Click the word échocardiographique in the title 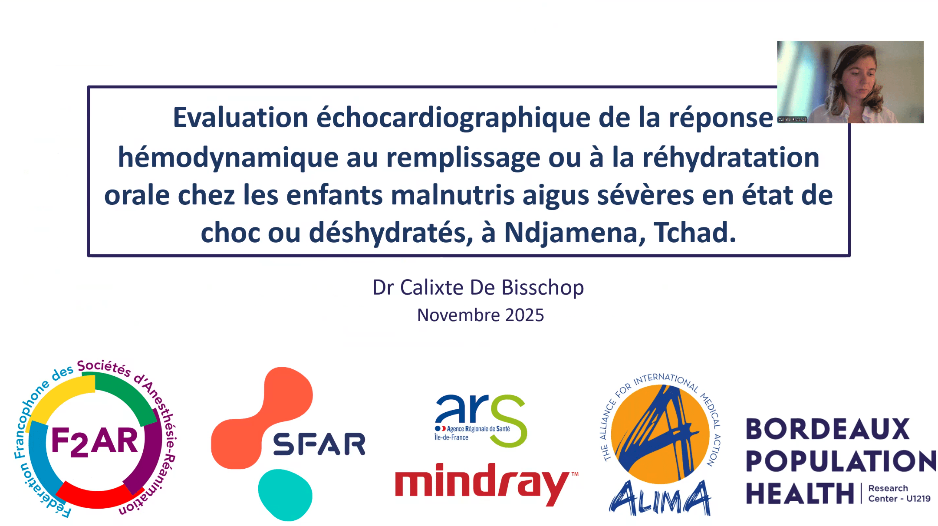453,118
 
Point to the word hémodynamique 228,158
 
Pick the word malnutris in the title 452,195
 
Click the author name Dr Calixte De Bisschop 478,288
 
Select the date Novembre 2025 481,315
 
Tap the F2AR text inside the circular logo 95,441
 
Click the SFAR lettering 319,444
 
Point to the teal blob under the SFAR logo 285,495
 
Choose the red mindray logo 487,483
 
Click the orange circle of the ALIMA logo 660,434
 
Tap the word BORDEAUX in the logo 827,429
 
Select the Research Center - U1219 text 899,493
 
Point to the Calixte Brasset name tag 792,119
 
